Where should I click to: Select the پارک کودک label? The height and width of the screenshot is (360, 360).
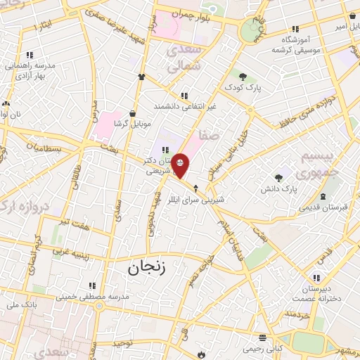pyautogui.click(x=243, y=86)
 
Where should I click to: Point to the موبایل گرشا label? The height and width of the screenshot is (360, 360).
pyautogui.click(x=131, y=122)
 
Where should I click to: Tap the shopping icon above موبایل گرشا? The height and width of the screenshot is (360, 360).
pyautogui.click(x=131, y=112)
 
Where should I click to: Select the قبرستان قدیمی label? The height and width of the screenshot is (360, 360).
pyautogui.click(x=322, y=207)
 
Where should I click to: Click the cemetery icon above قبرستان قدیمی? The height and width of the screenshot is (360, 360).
pyautogui.click(x=322, y=195)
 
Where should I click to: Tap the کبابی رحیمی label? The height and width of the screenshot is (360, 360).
pyautogui.click(x=262, y=348)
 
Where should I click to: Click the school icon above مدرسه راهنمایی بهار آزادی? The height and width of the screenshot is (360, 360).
pyautogui.click(x=30, y=54)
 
